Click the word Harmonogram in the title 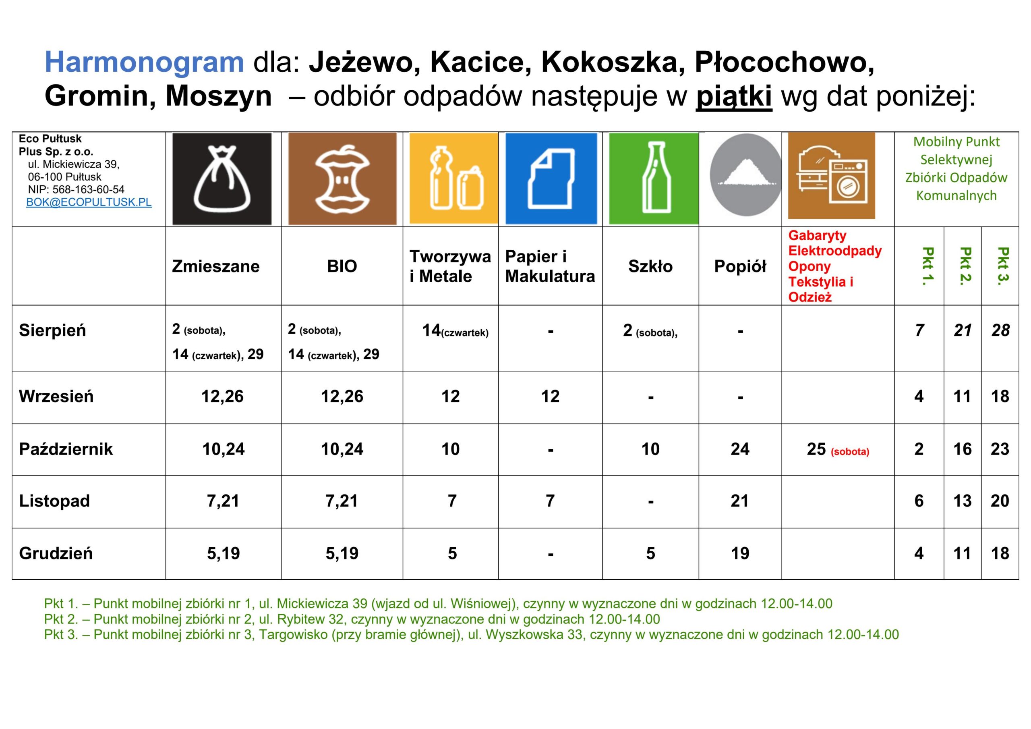(144, 62)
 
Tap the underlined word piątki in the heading (734, 97)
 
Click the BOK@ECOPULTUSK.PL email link (89, 202)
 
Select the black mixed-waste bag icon (222, 179)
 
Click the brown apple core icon (342, 179)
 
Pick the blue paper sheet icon (551, 179)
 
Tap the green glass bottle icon (653, 179)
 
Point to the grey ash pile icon (745, 175)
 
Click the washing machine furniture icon (832, 176)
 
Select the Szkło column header (650, 266)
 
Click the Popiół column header (740, 266)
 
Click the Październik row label (66, 449)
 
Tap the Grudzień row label (56, 553)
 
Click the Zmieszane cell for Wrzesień (222, 397)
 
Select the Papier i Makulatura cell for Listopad (550, 501)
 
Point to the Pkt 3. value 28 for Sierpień (1001, 330)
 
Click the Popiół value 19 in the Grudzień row (740, 553)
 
